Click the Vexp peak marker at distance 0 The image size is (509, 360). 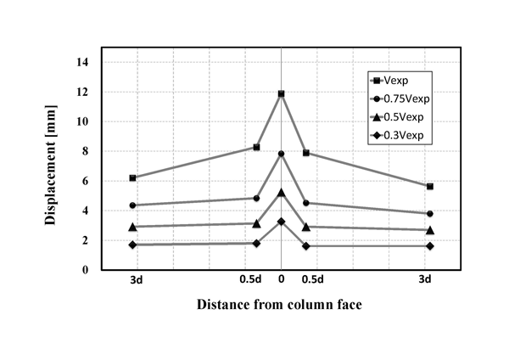point(281,93)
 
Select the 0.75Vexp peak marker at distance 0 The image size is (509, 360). point(281,154)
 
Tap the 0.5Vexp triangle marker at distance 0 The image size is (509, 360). point(281,193)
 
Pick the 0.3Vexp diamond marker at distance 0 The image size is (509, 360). point(281,222)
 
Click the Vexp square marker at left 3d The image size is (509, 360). point(131,177)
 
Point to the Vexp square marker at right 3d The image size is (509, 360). point(430,186)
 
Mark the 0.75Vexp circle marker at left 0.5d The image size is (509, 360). point(256,198)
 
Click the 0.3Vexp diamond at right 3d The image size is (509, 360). point(430,246)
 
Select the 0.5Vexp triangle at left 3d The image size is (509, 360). point(131,227)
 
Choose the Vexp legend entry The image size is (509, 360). point(394,80)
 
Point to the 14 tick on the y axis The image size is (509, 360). point(82,62)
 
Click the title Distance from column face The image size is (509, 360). point(280,304)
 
